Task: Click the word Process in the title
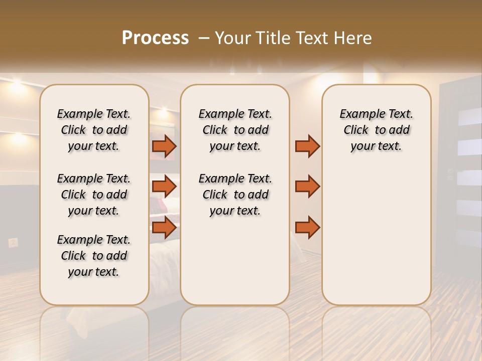(x=155, y=38)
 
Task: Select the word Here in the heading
(x=352, y=38)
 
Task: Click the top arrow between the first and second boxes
(x=164, y=146)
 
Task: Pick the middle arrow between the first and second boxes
(x=164, y=187)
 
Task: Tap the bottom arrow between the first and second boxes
(x=164, y=227)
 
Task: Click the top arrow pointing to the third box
(x=307, y=146)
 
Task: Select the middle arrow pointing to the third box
(x=307, y=187)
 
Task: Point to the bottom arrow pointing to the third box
(x=307, y=227)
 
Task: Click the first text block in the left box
(x=94, y=130)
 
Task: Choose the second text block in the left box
(x=94, y=195)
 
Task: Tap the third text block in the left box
(x=94, y=256)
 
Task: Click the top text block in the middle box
(x=235, y=130)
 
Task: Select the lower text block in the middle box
(x=235, y=195)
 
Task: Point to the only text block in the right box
(x=376, y=130)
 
